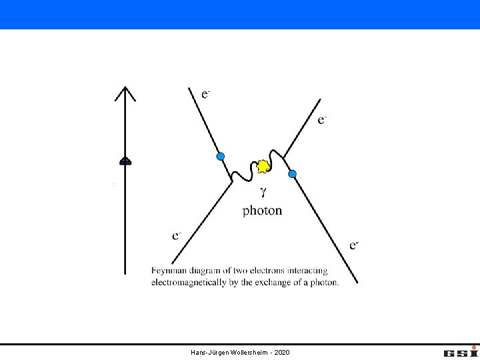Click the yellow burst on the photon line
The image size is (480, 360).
263,167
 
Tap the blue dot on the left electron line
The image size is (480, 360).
221,157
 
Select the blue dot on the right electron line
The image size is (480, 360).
293,174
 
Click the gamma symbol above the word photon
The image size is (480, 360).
263,192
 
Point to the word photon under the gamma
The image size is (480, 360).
263,211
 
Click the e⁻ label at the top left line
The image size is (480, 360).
206,94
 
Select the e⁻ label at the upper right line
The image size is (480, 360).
322,120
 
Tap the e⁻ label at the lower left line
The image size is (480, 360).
177,236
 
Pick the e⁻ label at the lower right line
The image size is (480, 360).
354,245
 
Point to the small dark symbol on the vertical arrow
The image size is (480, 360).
125,161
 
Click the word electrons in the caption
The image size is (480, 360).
267,271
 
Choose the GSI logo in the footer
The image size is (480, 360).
461,352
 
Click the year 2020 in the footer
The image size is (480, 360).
282,353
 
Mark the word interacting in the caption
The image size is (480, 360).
307,271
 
